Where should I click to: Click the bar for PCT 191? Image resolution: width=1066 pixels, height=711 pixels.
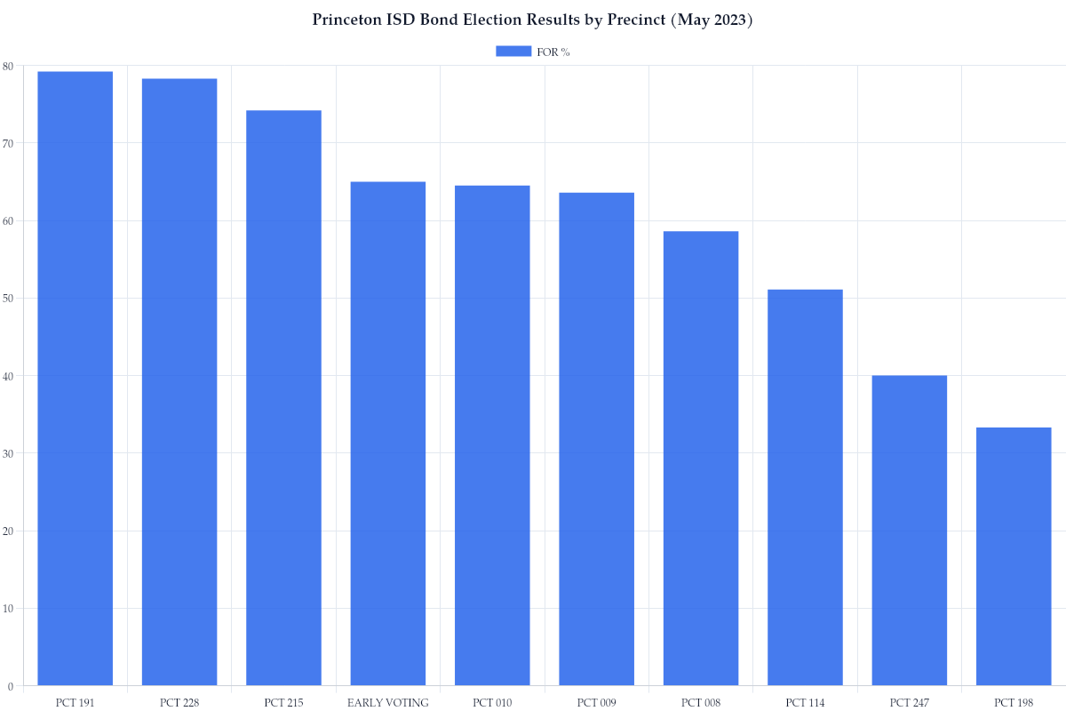click(75, 379)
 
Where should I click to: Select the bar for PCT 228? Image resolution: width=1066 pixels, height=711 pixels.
click(179, 382)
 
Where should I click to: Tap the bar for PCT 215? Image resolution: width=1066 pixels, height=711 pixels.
click(283, 398)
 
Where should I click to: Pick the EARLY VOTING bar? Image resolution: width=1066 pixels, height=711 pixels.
click(388, 434)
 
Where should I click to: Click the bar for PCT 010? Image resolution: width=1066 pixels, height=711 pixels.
click(492, 435)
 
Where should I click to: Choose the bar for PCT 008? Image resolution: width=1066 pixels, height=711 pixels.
click(701, 459)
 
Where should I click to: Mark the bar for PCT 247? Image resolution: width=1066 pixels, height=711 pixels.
click(909, 531)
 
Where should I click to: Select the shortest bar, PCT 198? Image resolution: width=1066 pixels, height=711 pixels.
click(1014, 556)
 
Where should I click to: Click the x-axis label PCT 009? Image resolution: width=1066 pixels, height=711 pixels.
click(596, 703)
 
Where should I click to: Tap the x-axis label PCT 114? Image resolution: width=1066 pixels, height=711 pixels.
click(805, 703)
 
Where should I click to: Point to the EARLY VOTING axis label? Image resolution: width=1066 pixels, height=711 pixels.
click(388, 703)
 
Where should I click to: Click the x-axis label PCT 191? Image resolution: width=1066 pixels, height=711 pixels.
click(75, 703)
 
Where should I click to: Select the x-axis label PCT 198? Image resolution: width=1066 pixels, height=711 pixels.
click(1014, 703)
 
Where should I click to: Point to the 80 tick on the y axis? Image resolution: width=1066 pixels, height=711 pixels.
click(8, 66)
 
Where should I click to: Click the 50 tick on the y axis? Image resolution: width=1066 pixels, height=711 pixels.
click(8, 299)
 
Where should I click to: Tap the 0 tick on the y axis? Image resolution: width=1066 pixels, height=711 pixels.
click(10, 686)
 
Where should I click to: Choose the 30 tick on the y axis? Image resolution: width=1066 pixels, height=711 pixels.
click(8, 453)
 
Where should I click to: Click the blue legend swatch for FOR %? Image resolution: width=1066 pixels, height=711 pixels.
click(513, 52)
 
